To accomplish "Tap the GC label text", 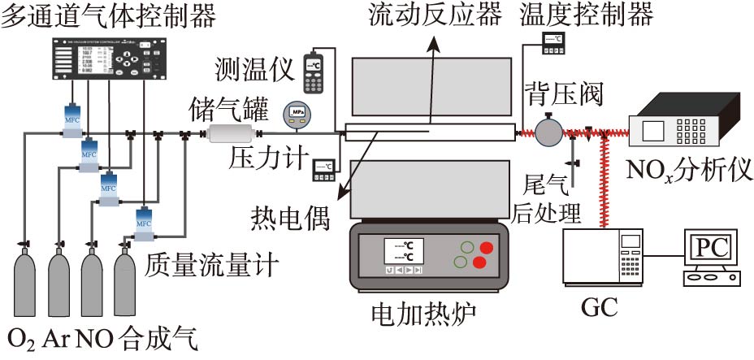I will tap(600, 308).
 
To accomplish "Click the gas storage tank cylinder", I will tap(230, 133).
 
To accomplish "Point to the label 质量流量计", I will tap(213, 264).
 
